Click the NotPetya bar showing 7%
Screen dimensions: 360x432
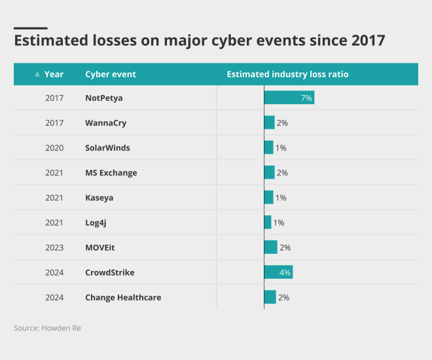(289, 98)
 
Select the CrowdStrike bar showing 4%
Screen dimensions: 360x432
(278, 272)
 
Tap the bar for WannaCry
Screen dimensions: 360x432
(269, 123)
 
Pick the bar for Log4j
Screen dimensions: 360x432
(267, 223)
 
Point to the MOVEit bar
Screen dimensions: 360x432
(270, 247)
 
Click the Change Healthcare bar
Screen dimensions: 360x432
(270, 297)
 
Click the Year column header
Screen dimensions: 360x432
(54, 74)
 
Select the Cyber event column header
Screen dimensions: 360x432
(111, 74)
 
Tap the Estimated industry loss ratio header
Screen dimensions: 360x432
(287, 74)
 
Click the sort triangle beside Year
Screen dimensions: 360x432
(37, 74)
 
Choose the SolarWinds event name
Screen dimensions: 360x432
(107, 148)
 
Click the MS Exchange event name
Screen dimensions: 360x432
(111, 173)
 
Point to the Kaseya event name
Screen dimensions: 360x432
(99, 198)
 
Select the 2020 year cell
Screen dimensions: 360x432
(54, 148)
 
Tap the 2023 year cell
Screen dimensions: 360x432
(54, 247)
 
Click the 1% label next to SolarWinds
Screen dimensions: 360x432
(281, 148)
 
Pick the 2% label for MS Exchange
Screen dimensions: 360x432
(282, 173)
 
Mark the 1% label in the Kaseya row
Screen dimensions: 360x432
(281, 198)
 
